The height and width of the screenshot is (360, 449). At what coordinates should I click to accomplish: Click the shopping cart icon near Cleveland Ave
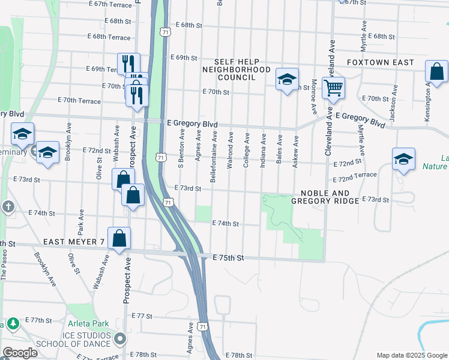(333, 88)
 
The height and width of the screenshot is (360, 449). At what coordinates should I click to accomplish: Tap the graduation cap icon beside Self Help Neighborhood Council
(287, 79)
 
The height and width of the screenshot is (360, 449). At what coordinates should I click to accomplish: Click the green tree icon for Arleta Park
(12, 324)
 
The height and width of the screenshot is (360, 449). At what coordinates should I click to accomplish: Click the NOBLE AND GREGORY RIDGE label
(325, 196)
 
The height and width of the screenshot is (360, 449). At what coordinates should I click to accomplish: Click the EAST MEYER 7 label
(74, 242)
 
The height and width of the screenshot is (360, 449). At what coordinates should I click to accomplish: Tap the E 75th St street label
(228, 258)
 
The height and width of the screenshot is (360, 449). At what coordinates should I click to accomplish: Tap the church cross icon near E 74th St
(8, 207)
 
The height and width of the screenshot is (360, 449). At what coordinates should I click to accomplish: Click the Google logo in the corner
(20, 353)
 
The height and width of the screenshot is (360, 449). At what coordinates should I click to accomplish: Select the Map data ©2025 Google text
(412, 355)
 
